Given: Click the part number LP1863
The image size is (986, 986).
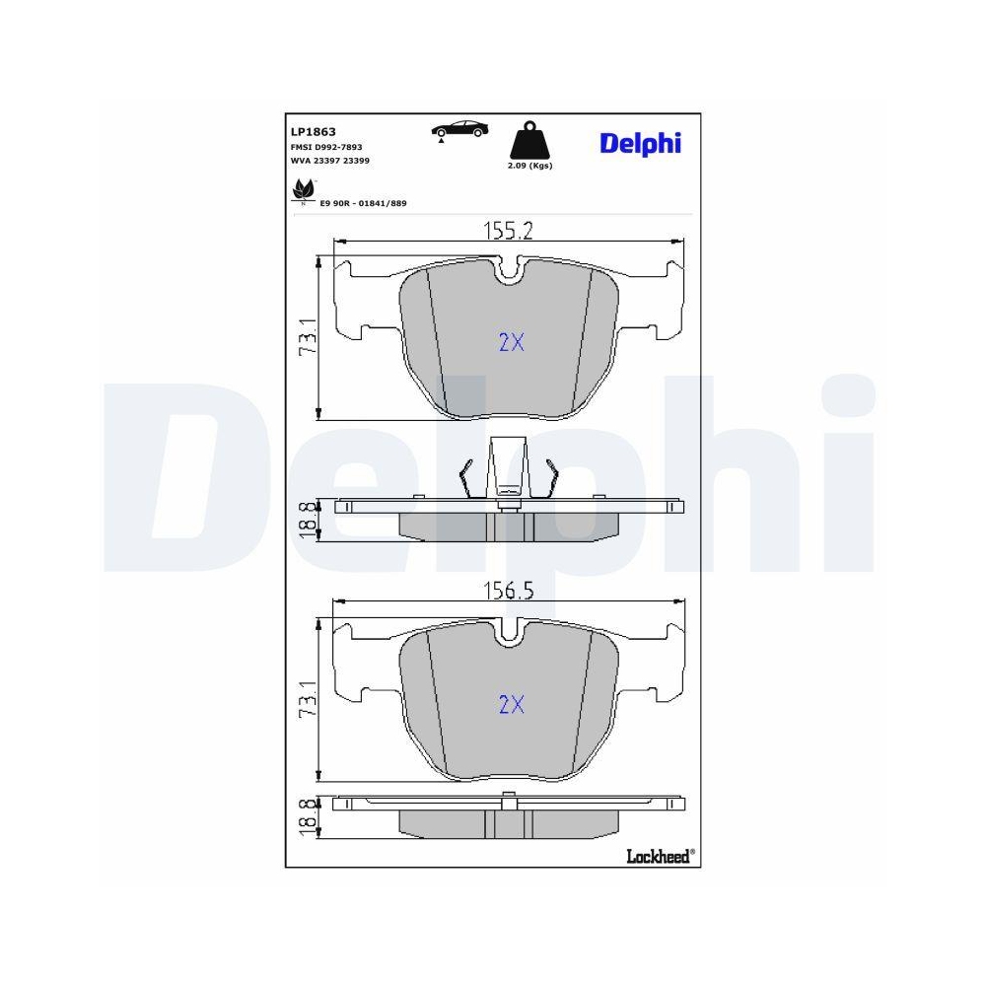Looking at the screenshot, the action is [x=314, y=132].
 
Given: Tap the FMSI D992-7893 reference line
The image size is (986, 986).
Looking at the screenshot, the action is [x=326, y=147].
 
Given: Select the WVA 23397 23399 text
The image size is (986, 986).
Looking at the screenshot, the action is [x=330, y=161].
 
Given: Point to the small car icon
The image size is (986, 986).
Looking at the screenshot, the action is [x=459, y=130].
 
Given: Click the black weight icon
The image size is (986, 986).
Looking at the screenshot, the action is [x=529, y=140].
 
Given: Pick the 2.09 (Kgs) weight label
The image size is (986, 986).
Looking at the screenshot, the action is [x=529, y=166].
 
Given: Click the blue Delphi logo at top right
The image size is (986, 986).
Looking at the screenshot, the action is [x=640, y=144].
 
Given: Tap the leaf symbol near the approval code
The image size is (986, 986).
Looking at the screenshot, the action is [x=303, y=191].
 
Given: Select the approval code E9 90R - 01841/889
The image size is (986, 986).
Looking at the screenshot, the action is [x=364, y=204].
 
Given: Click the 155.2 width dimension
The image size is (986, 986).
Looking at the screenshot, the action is [x=508, y=231].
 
